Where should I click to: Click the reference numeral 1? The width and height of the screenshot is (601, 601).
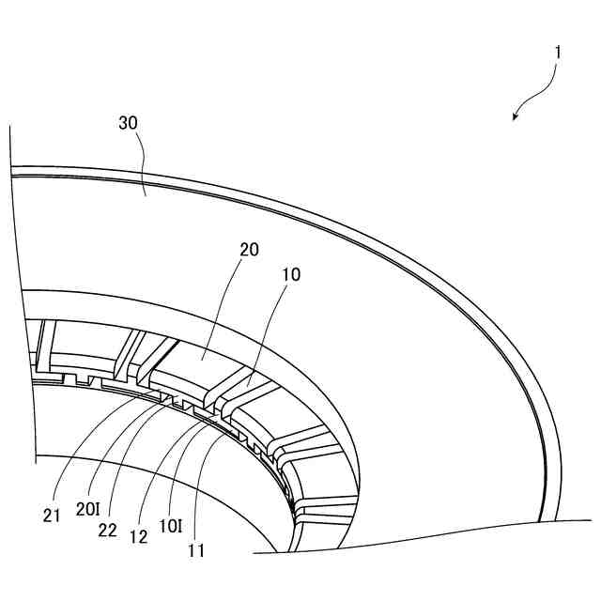click(558, 53)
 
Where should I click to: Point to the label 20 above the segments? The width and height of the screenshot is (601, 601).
click(249, 250)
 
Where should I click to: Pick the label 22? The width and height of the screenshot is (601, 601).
click(108, 531)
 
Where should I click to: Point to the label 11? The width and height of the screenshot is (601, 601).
click(195, 551)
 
